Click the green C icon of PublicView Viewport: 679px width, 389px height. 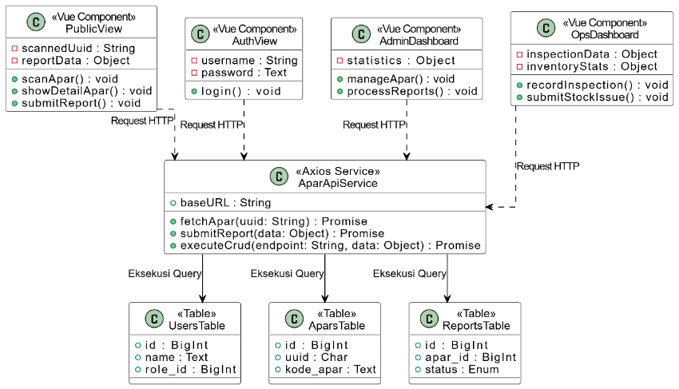(x=36, y=22)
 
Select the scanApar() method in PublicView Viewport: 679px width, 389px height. (x=69, y=79)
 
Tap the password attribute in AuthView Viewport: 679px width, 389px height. (x=244, y=73)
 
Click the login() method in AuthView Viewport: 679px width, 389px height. (x=240, y=91)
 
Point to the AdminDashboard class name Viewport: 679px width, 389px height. (x=419, y=41)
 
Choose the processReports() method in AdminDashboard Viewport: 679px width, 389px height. (x=412, y=91)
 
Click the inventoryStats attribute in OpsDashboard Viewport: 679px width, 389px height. (x=591, y=66)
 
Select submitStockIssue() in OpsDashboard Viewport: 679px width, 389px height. (x=598, y=97)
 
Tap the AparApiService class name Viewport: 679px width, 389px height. (x=338, y=183)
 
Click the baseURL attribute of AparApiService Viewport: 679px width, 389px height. (x=225, y=202)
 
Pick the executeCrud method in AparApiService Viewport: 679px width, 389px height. (x=331, y=245)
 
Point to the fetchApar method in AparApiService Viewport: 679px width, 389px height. (x=274, y=221)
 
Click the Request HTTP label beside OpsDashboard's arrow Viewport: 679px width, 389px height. (x=548, y=166)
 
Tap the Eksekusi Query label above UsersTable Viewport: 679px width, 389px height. (x=165, y=273)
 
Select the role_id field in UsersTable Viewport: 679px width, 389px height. (x=191, y=369)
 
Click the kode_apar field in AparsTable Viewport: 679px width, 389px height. (x=331, y=369)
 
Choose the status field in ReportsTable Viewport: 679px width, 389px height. (x=462, y=369)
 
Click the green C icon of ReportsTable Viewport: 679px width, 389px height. (x=429, y=319)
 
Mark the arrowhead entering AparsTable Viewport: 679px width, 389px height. (x=325, y=299)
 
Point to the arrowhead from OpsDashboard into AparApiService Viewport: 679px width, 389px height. (x=490, y=207)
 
